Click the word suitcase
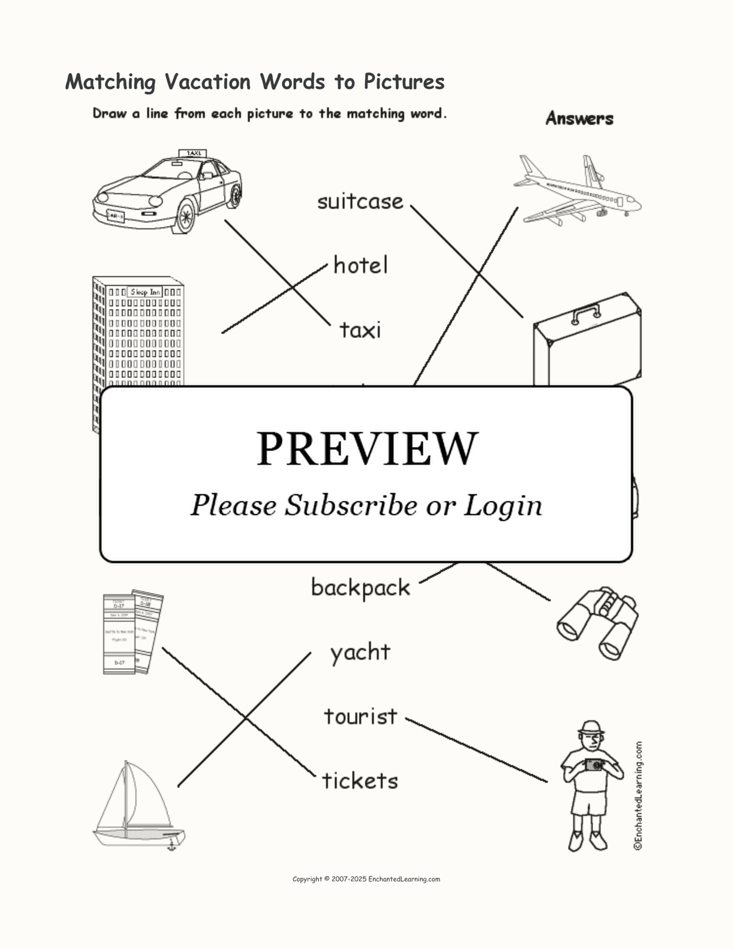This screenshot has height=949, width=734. (360, 202)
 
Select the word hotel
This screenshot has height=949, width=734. (360, 265)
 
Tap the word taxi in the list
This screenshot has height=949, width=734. (360, 330)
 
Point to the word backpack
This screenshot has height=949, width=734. (360, 588)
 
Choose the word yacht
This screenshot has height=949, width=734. (360, 652)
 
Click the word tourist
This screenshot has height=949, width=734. (360, 717)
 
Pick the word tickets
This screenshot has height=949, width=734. (360, 781)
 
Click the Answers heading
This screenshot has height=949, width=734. (579, 119)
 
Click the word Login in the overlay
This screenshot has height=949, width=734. (503, 505)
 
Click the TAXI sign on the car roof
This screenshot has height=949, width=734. (193, 153)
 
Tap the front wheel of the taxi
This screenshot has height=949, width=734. (185, 216)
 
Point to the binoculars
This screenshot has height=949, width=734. (597, 622)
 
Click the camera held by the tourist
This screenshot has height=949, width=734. (594, 765)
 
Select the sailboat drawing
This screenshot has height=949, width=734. (139, 806)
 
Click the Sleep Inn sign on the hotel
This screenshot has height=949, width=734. (145, 292)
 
